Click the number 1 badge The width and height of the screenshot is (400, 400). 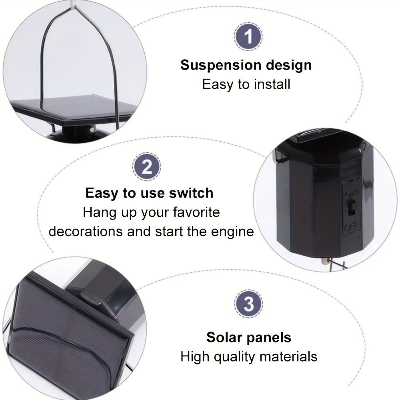[248, 36]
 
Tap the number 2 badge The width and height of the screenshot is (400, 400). [147, 167]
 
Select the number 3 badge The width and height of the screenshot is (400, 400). [248, 304]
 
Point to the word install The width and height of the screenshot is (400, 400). [272, 84]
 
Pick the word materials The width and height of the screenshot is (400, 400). [288, 357]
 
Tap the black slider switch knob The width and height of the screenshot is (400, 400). [353, 207]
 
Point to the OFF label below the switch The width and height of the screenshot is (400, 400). [352, 226]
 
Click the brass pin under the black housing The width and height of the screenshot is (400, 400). [325, 262]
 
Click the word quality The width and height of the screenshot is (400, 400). [234, 357]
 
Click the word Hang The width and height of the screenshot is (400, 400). [100, 213]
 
